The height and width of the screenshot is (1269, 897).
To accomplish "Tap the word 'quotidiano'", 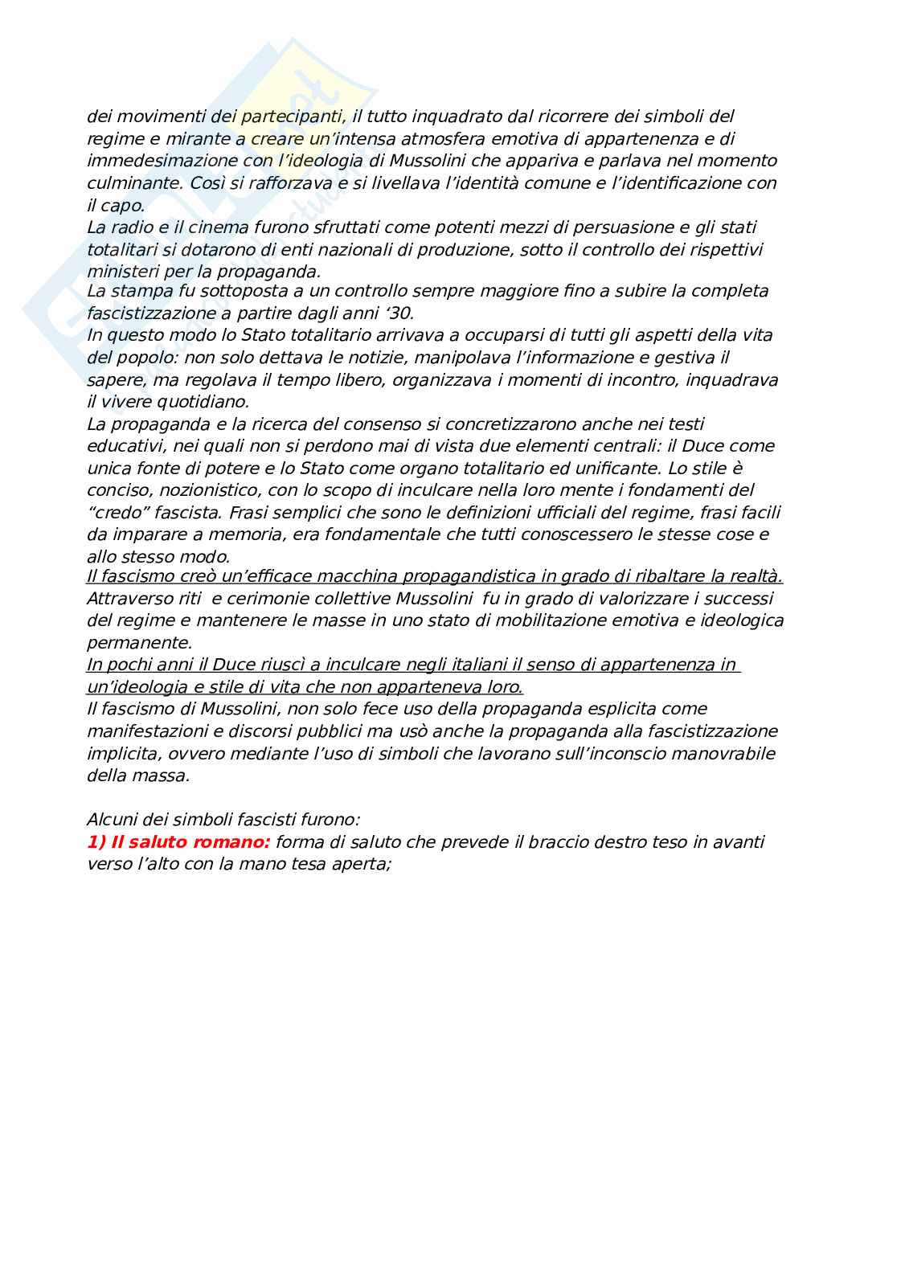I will [207, 401].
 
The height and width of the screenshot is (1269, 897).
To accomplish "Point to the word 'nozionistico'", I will [201, 489].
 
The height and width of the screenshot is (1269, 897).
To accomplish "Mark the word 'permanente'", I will [140, 643].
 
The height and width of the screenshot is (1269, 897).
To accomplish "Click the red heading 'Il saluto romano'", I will [178, 842].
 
